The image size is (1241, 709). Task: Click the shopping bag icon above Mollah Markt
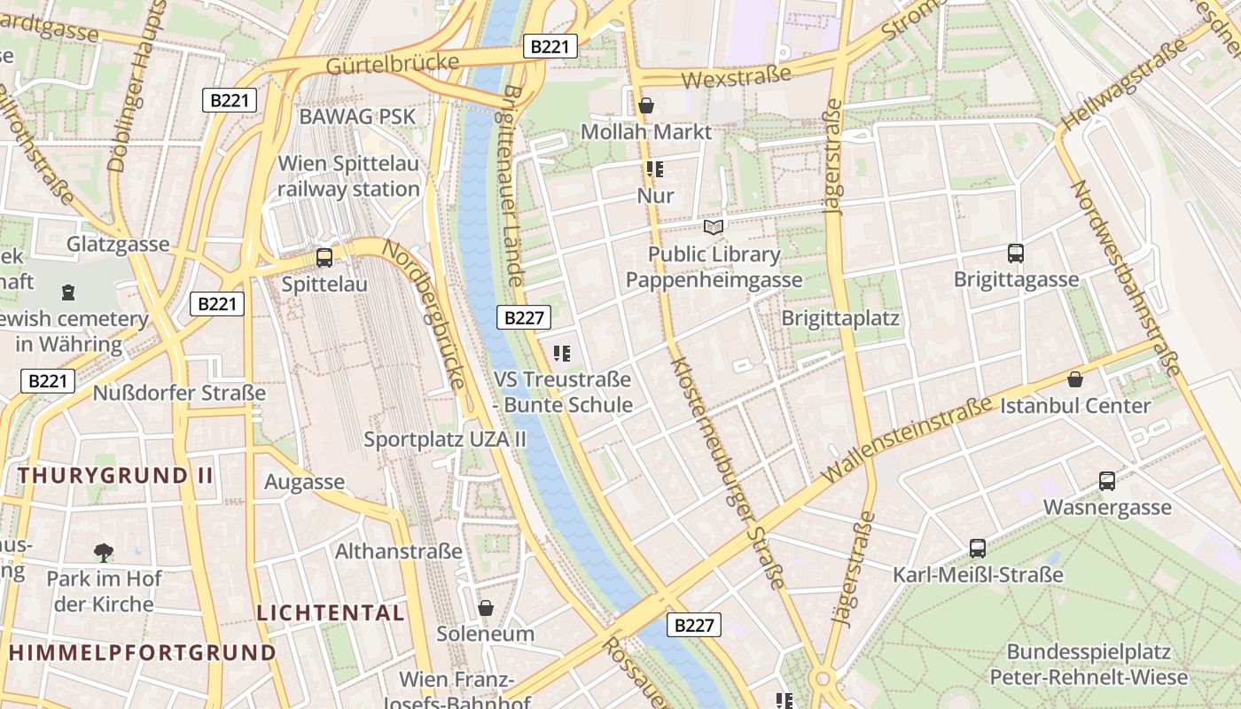[646, 105]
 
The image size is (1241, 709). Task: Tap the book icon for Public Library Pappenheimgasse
[714, 228]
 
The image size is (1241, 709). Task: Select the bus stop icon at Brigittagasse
[1016, 253]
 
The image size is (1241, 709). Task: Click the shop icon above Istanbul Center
[1075, 379]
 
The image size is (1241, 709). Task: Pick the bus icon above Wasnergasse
[1107, 481]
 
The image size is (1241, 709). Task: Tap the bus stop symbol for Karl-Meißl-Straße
[978, 549]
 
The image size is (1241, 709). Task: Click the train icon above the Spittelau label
[324, 258]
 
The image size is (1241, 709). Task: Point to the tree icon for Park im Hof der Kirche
[104, 553]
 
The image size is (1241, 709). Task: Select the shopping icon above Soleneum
[486, 608]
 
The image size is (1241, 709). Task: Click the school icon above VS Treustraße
[562, 354]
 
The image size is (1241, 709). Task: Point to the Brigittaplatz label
[840, 318]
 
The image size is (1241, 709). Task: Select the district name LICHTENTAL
[331, 612]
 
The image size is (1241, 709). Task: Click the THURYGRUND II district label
[115, 475]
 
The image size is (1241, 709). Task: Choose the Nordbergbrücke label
[424, 315]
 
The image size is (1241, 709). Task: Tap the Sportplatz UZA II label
[445, 439]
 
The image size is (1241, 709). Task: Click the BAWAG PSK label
[357, 116]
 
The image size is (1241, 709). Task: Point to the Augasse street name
[304, 482]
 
